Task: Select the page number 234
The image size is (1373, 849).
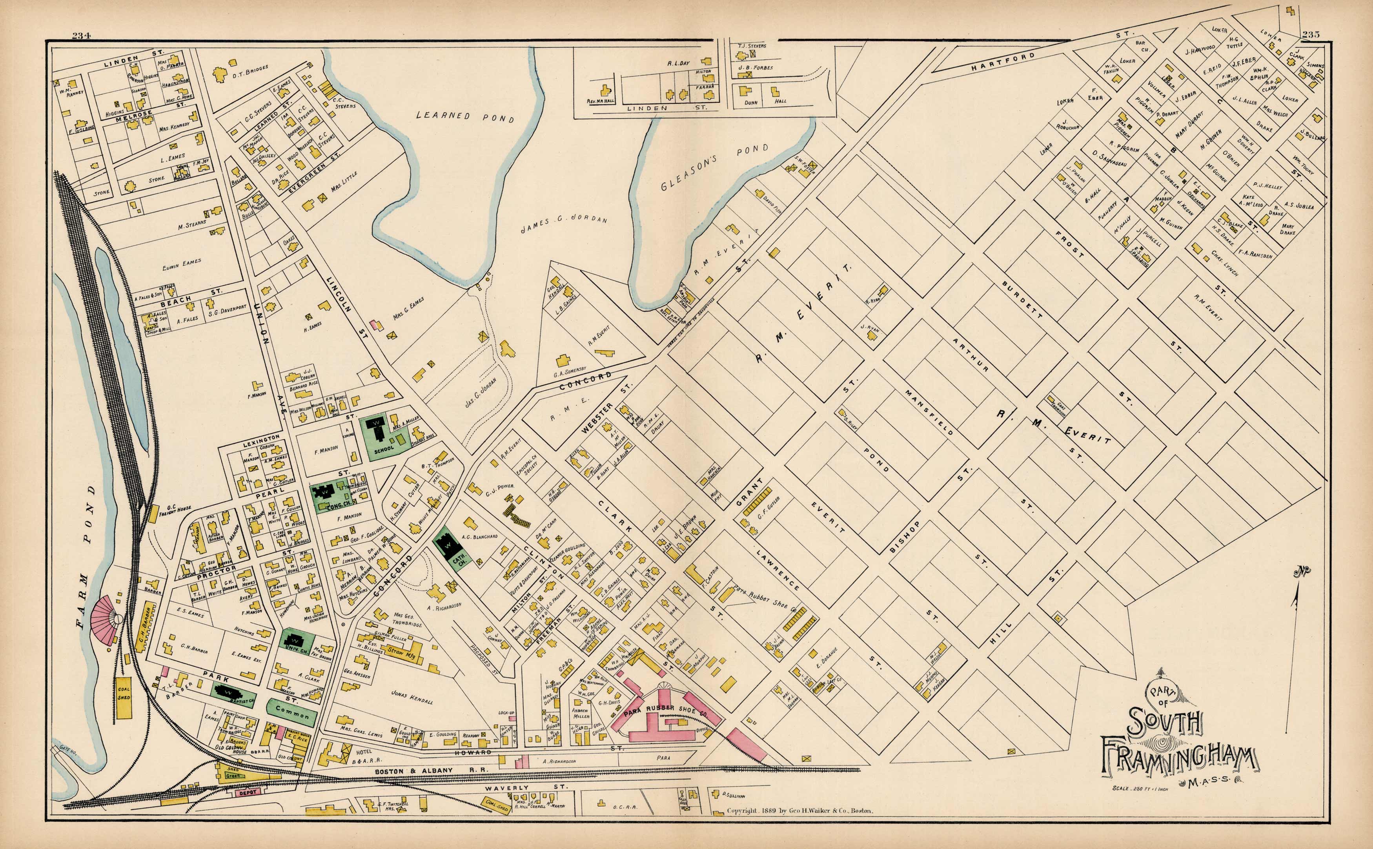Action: pos(82,35)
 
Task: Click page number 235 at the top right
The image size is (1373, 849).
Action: pos(1311,34)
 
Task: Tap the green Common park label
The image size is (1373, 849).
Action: pos(292,714)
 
